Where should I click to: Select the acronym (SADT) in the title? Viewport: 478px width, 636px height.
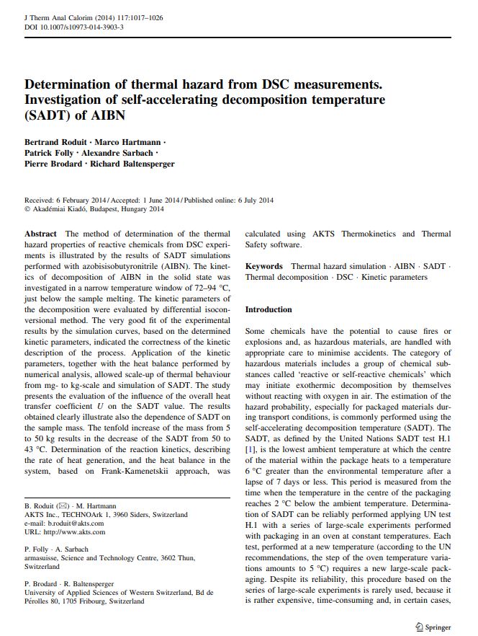50,116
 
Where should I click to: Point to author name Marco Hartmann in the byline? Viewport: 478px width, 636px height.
132,141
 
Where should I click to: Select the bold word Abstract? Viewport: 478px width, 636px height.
41,234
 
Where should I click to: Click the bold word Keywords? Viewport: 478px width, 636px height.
264,266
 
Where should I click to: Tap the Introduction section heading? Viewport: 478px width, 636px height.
269,309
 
